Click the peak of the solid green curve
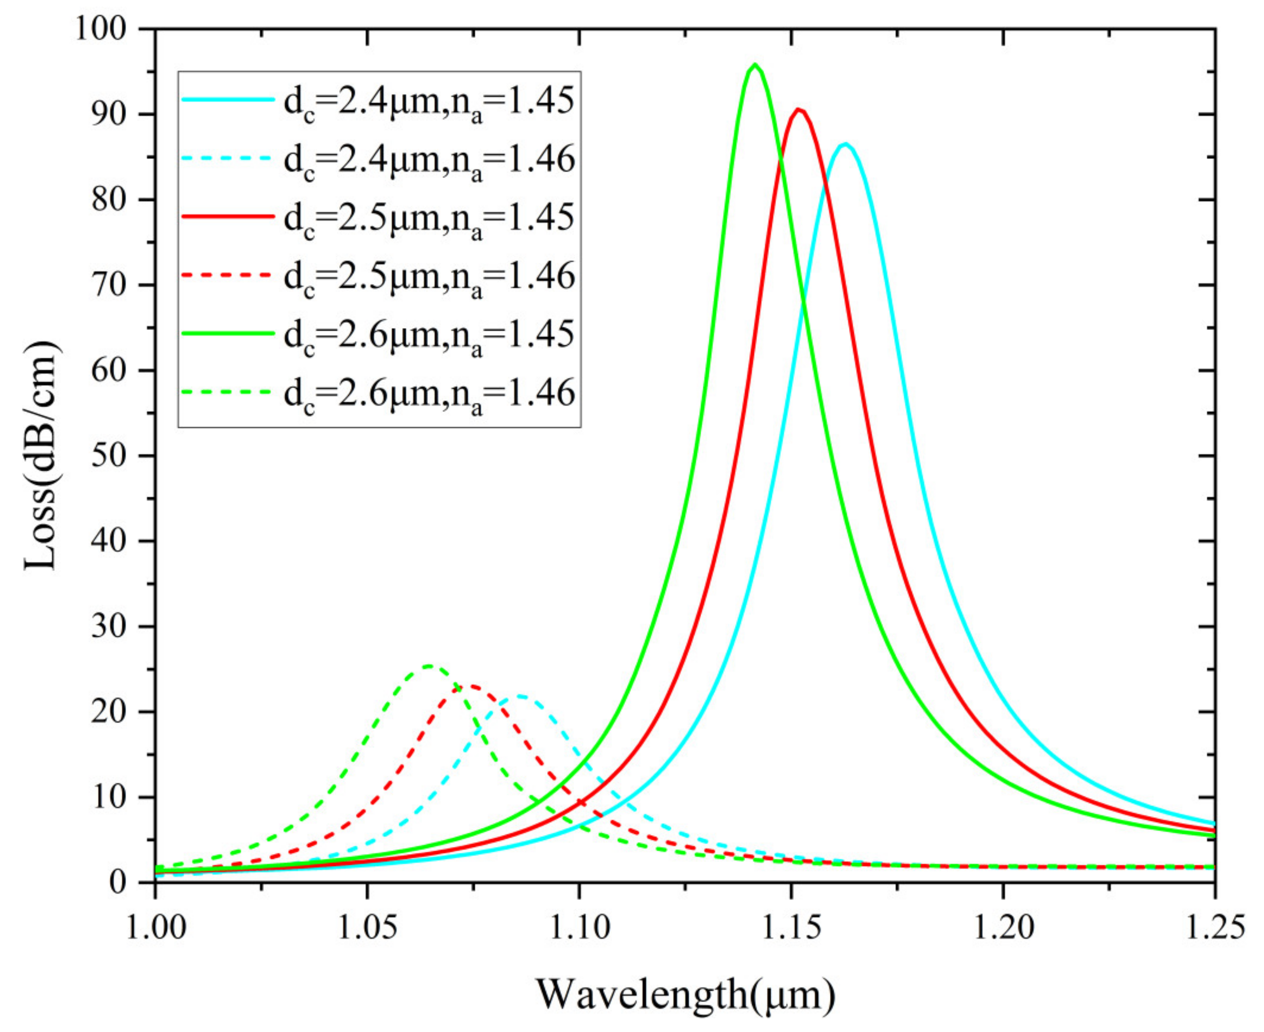tap(754, 64)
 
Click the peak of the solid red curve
tap(799, 109)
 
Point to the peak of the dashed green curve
tap(428, 665)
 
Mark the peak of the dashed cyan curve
tap(520, 695)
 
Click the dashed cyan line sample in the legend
tap(227, 160)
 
